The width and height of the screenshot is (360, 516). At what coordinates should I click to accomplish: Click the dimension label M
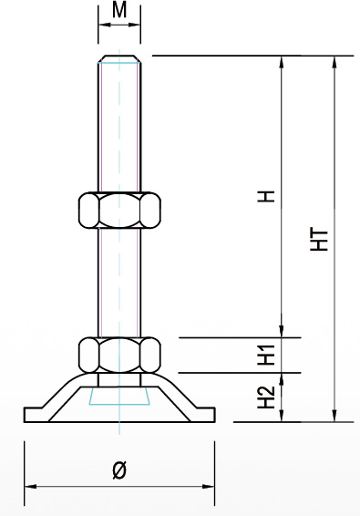(x=119, y=10)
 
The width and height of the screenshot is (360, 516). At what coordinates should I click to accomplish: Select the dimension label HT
(x=320, y=241)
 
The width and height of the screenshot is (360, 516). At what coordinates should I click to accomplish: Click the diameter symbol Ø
(x=119, y=470)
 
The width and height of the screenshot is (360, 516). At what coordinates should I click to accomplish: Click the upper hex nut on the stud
(x=119, y=210)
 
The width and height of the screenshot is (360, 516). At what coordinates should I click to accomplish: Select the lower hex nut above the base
(x=119, y=355)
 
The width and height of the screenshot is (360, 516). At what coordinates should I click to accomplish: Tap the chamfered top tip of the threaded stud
(x=119, y=59)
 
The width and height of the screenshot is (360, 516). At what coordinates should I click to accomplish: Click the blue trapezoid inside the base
(x=119, y=396)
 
